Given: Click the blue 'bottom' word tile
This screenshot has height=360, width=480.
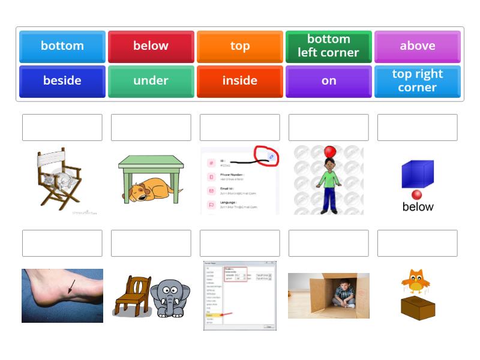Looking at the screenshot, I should [x=62, y=46].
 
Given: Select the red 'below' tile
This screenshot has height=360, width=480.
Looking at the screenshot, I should [x=151, y=46].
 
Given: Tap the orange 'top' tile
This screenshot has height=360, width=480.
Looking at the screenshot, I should [x=240, y=46].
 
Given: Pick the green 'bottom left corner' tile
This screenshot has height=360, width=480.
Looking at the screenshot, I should [x=329, y=46].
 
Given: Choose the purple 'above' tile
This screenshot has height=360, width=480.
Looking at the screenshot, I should [x=418, y=46].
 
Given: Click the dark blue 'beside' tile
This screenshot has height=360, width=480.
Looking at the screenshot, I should [x=62, y=81].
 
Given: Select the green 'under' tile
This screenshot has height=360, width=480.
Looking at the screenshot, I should [x=151, y=81].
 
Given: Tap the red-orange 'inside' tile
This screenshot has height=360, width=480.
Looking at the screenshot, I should [x=240, y=81].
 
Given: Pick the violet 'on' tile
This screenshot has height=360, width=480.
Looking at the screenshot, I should [x=329, y=81].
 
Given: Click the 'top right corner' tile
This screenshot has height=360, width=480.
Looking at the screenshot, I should [x=418, y=81].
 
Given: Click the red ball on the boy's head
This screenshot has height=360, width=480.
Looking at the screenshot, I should [x=329, y=152].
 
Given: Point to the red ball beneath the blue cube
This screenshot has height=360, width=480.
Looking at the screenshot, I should [x=417, y=194].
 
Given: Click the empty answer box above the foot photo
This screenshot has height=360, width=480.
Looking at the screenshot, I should [x=62, y=243].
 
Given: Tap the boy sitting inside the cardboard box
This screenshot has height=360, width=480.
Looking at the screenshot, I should [x=343, y=295].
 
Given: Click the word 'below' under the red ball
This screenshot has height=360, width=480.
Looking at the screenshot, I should [x=418, y=207].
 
